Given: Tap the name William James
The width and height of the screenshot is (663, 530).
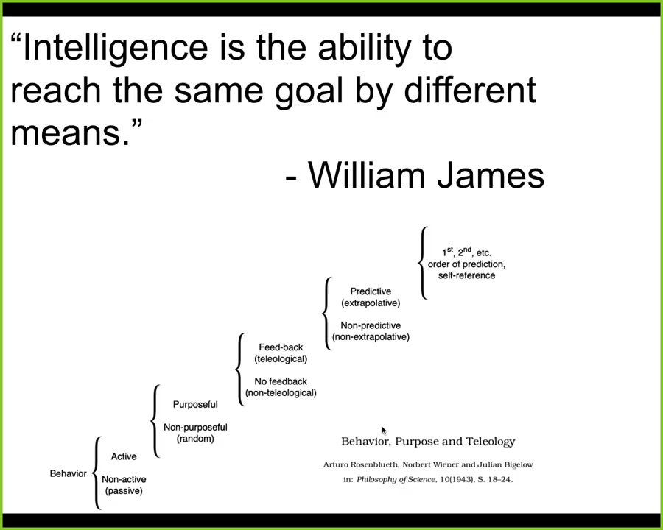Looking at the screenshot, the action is [426, 175].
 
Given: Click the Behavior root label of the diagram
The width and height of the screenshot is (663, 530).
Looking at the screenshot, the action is [68, 473].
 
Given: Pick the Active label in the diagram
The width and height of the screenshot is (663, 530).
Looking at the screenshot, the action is [124, 456].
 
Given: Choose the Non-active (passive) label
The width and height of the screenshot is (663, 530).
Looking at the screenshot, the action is [124, 485].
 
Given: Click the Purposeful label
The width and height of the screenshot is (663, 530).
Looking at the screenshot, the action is [195, 404].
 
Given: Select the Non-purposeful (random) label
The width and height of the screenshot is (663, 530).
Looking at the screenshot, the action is [195, 433].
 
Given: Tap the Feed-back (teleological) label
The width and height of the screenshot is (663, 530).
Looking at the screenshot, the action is [281, 353].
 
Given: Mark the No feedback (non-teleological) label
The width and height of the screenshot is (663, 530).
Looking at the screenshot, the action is [281, 387].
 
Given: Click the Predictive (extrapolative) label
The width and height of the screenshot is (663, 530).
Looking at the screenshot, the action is [371, 297].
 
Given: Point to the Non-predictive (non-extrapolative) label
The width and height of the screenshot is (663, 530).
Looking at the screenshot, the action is [371, 331].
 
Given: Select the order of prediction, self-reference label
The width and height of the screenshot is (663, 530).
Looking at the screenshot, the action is [467, 269].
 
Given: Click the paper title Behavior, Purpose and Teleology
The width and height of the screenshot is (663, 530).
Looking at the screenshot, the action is [428, 442].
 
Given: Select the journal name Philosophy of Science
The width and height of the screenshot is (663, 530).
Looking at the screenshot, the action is [396, 480].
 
